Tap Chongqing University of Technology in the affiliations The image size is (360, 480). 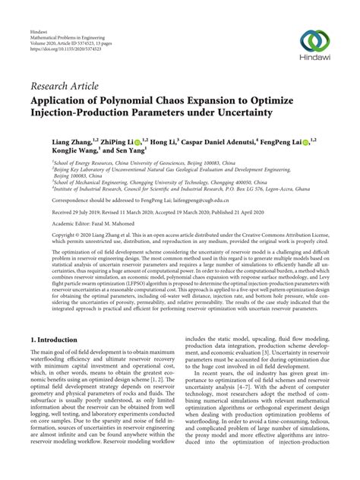tap(182, 182)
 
